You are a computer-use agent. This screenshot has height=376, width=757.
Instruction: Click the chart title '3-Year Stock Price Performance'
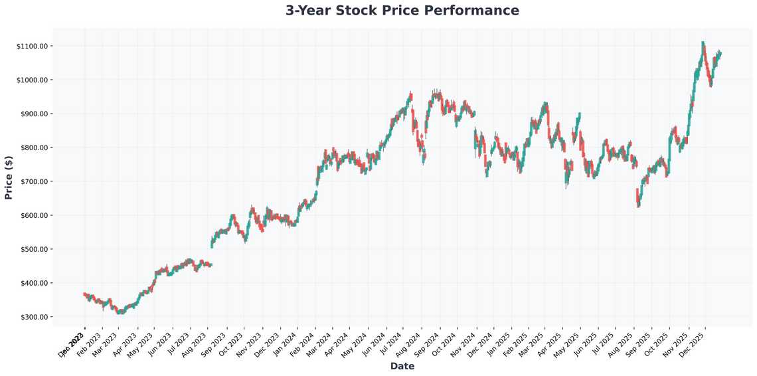[x=402, y=11]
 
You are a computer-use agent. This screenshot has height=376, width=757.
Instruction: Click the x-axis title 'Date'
[x=402, y=366]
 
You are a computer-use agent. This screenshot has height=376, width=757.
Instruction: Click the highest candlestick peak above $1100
[x=703, y=44]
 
